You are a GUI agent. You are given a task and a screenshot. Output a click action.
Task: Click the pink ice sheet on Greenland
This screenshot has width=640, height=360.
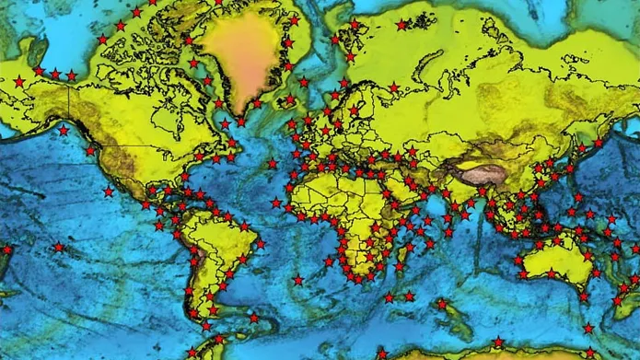241,55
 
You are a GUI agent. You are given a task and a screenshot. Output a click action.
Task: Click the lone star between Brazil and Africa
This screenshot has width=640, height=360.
297,280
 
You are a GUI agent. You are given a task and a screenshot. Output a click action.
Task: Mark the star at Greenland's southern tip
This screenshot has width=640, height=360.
241,121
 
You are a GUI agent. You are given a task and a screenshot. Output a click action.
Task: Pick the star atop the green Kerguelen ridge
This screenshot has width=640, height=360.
441,303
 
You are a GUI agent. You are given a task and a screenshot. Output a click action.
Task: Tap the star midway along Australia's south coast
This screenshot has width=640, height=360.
552,273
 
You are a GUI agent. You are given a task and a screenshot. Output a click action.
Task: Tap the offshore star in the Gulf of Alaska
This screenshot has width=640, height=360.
63,131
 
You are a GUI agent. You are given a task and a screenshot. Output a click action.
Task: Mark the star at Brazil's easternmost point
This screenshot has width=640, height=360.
261,244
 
